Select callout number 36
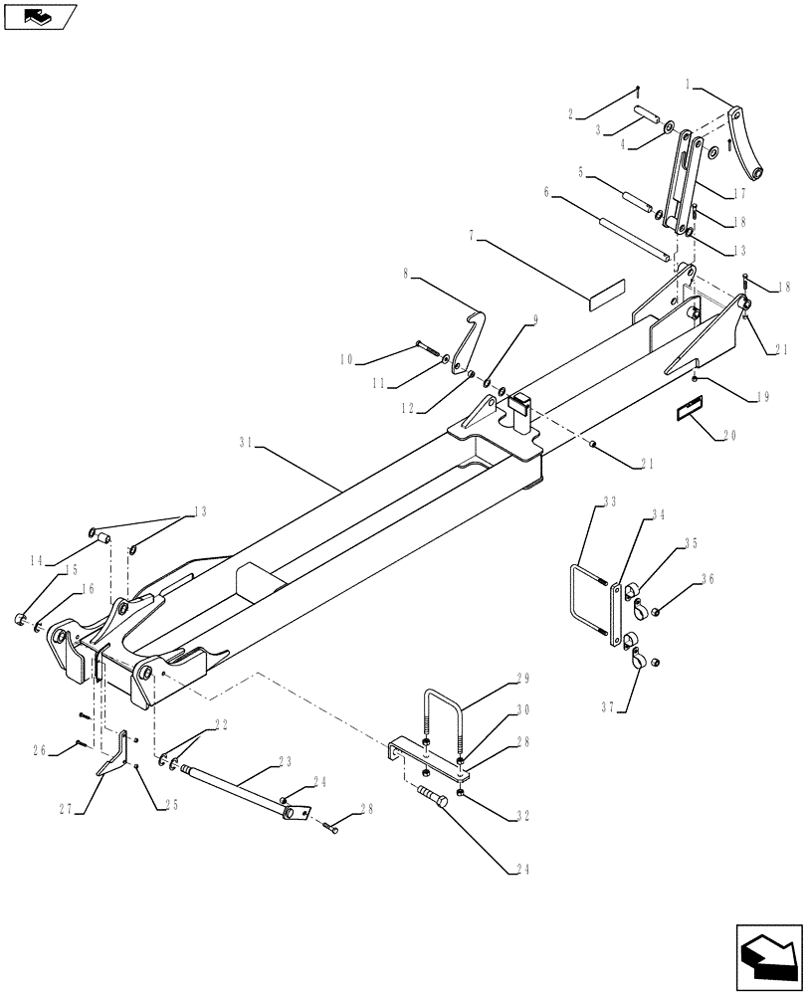click(x=707, y=578)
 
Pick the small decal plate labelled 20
click(x=689, y=409)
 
